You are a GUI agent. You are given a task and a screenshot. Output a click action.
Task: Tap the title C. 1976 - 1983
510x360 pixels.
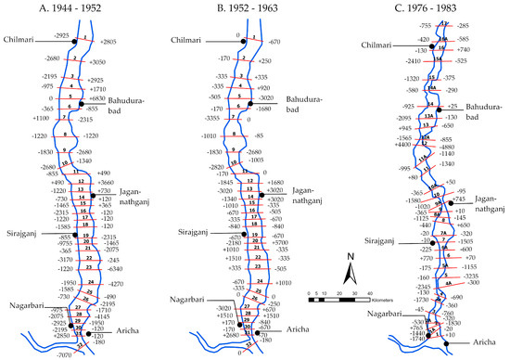(x=422, y=10)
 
